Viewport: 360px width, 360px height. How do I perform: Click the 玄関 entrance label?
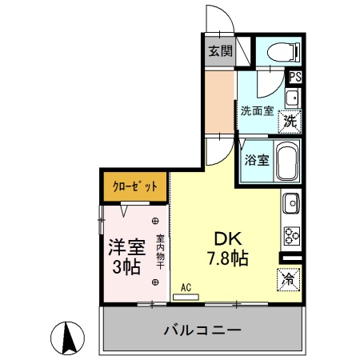[220, 53]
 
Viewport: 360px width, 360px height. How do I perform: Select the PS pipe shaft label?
[295, 78]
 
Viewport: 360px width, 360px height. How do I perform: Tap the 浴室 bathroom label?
[256, 159]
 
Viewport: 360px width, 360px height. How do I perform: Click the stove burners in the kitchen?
[290, 234]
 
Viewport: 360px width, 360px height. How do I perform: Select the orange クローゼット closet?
[134, 186]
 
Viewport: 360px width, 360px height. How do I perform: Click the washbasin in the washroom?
[292, 98]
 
